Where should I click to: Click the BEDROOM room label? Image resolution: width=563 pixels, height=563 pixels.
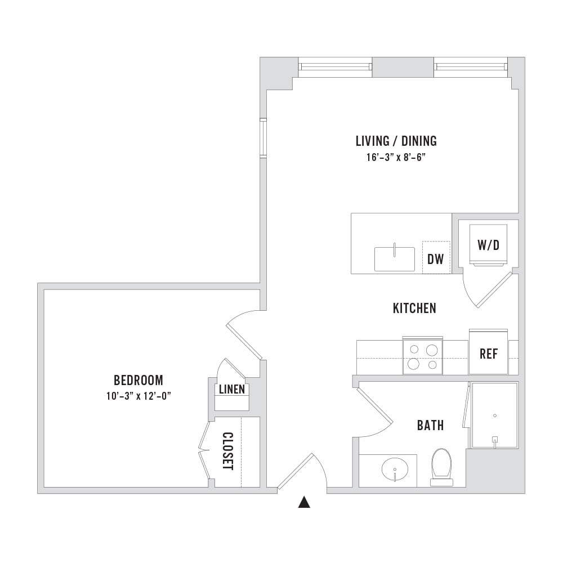tap(138, 380)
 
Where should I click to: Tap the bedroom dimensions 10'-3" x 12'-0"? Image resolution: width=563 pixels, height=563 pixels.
tap(138, 396)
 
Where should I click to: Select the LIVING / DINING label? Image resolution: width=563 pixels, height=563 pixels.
tap(396, 141)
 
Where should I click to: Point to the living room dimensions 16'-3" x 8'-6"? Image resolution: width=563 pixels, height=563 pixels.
tap(396, 157)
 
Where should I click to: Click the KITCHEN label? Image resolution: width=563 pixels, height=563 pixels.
tap(414, 308)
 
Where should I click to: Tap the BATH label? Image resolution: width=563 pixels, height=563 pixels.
tap(430, 426)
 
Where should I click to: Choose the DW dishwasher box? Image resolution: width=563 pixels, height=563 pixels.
tap(436, 257)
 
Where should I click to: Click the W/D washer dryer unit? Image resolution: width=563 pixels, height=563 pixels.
tap(488, 245)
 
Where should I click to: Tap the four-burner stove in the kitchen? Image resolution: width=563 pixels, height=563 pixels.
tap(423, 356)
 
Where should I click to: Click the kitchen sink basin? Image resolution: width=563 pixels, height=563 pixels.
tap(395, 259)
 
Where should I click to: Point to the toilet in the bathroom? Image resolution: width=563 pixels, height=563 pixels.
tap(441, 467)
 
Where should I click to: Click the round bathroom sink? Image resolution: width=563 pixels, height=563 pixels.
tap(395, 470)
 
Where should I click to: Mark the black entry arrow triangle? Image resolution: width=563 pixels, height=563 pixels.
tap(304, 502)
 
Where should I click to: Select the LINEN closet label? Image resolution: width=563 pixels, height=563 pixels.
tap(232, 389)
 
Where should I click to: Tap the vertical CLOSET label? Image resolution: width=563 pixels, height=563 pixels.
tap(228, 451)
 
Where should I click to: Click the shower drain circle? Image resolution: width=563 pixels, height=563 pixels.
tap(495, 416)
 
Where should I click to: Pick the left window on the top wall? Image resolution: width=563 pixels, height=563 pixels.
tap(336, 67)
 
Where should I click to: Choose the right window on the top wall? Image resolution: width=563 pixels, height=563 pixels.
tap(471, 67)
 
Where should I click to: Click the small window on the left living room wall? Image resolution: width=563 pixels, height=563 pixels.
tap(263, 137)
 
